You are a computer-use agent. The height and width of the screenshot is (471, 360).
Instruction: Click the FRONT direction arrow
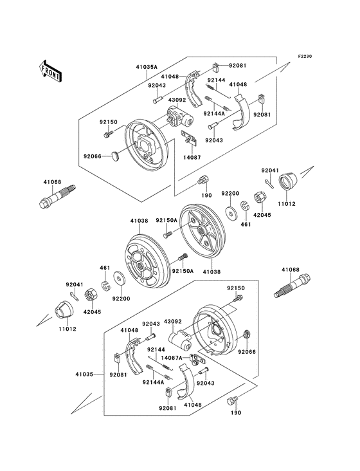[51, 70]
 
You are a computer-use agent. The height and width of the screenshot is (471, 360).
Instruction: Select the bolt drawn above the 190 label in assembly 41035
[232, 401]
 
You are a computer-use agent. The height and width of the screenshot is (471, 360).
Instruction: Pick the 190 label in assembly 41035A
[206, 194]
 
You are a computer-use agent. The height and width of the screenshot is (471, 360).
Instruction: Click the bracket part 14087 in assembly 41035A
[190, 136]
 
